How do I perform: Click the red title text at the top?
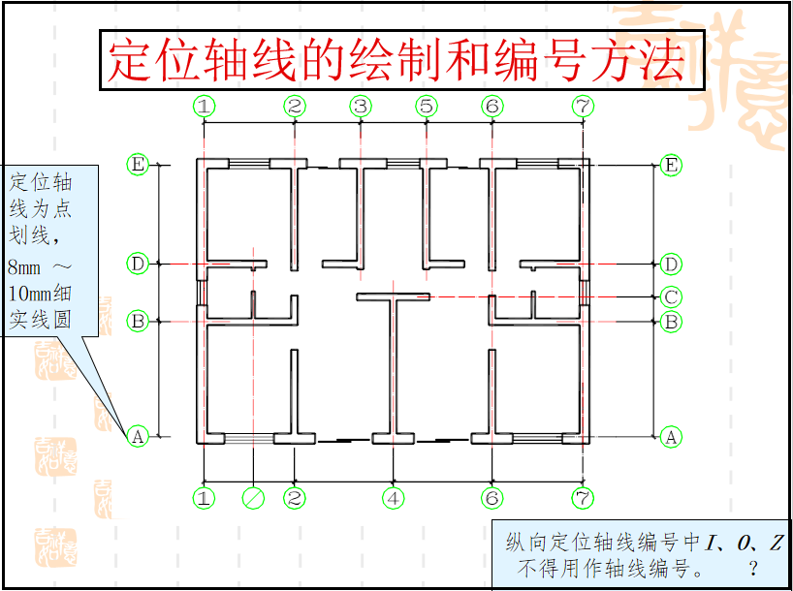click(x=396, y=61)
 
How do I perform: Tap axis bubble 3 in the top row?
click(x=361, y=106)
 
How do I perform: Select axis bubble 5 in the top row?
click(x=427, y=106)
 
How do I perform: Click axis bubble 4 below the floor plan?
click(x=393, y=498)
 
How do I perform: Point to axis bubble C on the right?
click(x=670, y=296)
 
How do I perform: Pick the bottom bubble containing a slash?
click(x=252, y=498)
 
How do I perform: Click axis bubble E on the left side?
click(x=138, y=165)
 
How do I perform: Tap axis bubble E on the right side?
click(x=670, y=165)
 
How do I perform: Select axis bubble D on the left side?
click(x=138, y=264)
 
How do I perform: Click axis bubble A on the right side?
click(x=670, y=437)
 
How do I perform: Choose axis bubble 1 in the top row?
click(x=204, y=106)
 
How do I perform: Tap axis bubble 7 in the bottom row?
click(x=582, y=498)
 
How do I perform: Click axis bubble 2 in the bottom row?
click(x=295, y=498)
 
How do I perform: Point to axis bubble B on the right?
click(x=670, y=322)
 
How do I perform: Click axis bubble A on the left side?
click(x=138, y=437)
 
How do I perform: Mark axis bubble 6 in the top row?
click(x=492, y=106)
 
